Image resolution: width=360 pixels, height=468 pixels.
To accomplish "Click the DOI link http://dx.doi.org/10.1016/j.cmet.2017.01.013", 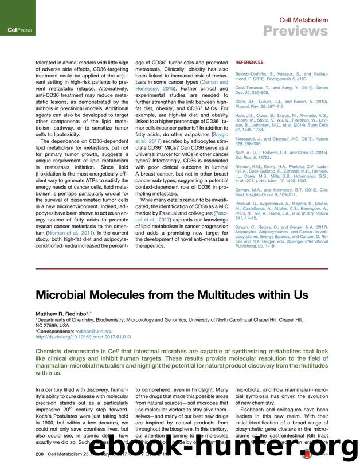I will click(x=83, y=337).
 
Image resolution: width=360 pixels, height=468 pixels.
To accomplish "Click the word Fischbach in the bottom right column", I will click(x=256, y=409).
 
